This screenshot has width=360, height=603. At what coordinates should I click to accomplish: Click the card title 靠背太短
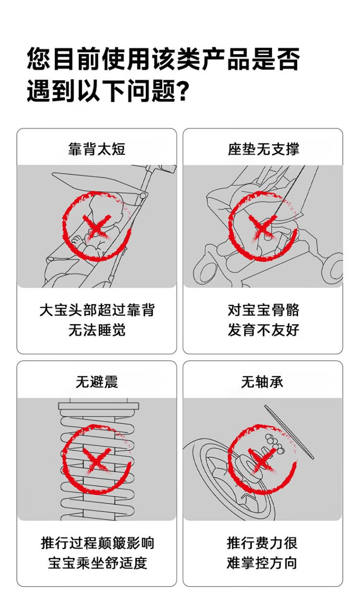coord(96,149)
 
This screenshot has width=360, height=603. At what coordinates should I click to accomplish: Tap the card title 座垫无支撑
coord(263,149)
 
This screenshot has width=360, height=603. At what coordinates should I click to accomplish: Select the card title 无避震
coord(96,382)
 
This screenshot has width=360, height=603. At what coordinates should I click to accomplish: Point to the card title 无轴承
coord(262,382)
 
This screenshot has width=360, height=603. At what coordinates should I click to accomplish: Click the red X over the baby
coord(97,226)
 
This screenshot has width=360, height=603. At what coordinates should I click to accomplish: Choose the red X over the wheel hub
coord(263,460)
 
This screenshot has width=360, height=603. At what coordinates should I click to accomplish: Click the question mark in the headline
coord(182,91)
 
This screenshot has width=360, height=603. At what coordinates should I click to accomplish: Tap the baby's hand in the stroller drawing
coord(78,240)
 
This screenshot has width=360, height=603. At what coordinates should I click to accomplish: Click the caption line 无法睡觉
coord(97,330)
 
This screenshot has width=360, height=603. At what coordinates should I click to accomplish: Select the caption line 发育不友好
coord(264,330)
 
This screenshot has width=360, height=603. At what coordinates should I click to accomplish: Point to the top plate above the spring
coord(98,406)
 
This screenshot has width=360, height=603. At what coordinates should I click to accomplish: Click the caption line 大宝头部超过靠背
coord(97,310)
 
